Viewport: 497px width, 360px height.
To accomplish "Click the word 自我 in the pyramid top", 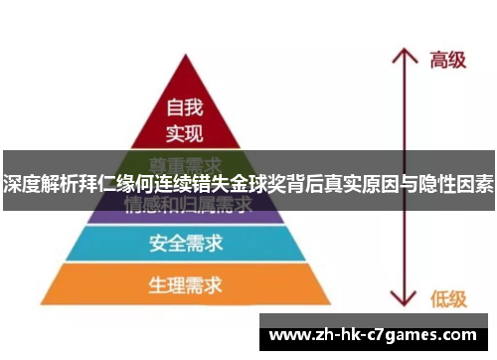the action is click(x=185, y=105).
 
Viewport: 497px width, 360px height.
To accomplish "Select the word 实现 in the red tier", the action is click(x=185, y=132).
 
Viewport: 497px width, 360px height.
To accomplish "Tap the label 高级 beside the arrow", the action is click(x=446, y=60).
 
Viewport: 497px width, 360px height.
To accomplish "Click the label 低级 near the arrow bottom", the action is click(x=446, y=295).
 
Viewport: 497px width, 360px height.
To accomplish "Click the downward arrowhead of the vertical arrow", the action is click(x=403, y=299).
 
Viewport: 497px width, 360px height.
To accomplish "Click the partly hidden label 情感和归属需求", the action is click(x=185, y=206).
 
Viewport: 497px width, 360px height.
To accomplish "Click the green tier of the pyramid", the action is click(x=185, y=161).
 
